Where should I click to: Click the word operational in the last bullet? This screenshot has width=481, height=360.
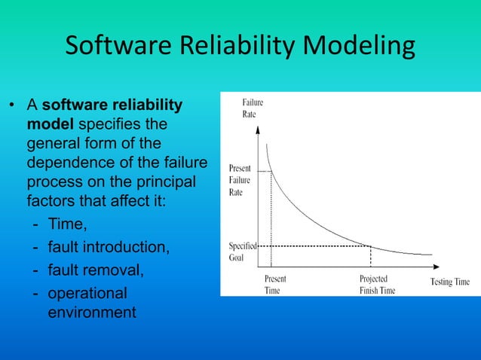(x=87, y=292)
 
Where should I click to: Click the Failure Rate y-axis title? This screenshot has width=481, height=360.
(x=253, y=108)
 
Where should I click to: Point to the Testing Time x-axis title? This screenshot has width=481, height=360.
(x=449, y=282)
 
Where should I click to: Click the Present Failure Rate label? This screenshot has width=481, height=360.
(x=240, y=180)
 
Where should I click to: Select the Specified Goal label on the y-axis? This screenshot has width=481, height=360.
(x=243, y=251)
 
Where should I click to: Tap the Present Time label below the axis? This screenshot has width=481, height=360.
(x=274, y=284)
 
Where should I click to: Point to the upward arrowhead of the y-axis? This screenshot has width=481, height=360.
(x=259, y=129)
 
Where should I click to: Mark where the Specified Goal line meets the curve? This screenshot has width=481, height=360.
(x=370, y=246)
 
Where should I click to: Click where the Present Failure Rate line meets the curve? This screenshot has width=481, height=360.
(x=271, y=172)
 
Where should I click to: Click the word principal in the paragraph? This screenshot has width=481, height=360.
(x=162, y=183)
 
